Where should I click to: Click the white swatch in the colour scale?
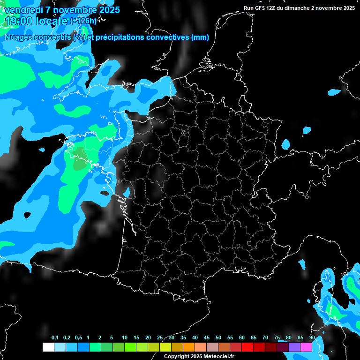[x=48, y=347]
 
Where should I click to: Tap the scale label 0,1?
[x=55, y=337]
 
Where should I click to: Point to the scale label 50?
[x=218, y=337]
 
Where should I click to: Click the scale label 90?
[x=312, y=337]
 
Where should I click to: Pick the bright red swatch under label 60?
[x=247, y=347]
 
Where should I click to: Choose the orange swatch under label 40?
[x=189, y=347]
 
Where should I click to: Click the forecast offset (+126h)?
[x=83, y=21]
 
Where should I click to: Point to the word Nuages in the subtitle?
[x=18, y=37]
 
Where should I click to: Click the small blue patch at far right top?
[x=335, y=92]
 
